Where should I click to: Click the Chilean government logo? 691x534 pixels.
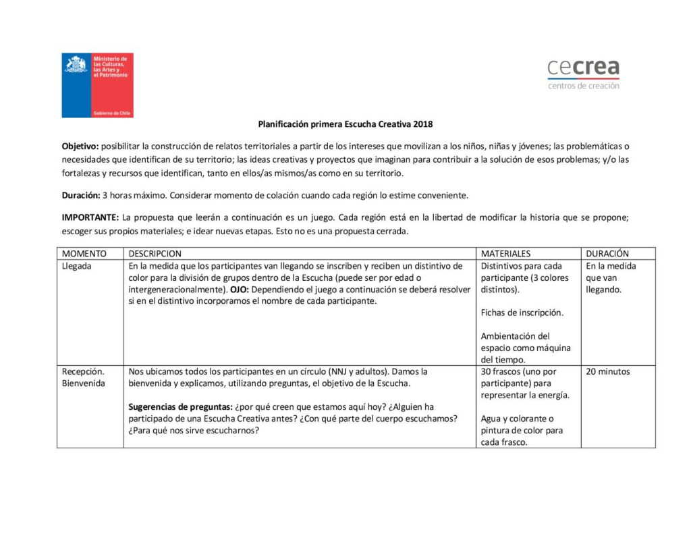97,85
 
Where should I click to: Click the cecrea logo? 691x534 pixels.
583,73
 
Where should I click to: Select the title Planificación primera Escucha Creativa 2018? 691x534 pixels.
345,124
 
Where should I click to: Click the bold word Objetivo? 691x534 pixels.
80,146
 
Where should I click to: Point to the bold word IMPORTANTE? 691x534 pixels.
90,217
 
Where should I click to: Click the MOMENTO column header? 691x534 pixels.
84,254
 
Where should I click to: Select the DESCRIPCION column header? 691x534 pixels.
155,254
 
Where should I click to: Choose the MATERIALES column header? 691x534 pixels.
505,254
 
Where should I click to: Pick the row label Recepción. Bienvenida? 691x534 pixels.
83,377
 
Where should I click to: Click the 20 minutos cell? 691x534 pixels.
607,371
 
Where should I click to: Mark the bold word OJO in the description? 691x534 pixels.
239,290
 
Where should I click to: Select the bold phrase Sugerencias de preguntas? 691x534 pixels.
179,407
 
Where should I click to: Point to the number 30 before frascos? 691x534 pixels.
486,371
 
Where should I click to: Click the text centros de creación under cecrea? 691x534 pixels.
583,86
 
